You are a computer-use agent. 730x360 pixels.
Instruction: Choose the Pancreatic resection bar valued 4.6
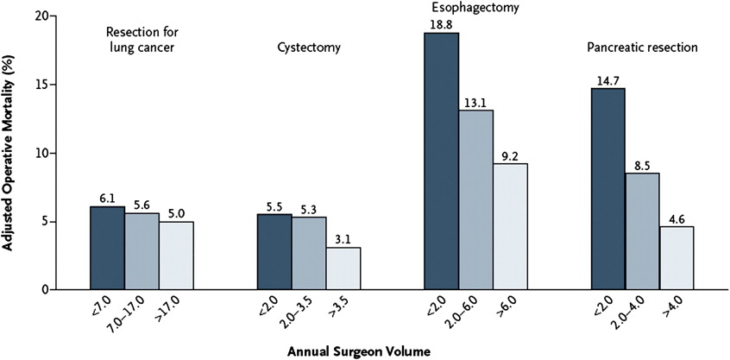tap(676, 258)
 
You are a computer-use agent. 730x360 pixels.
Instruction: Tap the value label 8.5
tap(641, 166)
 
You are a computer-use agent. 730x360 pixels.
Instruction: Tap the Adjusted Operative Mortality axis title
tap(9, 151)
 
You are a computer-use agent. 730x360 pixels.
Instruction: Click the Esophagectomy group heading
tap(475, 6)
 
